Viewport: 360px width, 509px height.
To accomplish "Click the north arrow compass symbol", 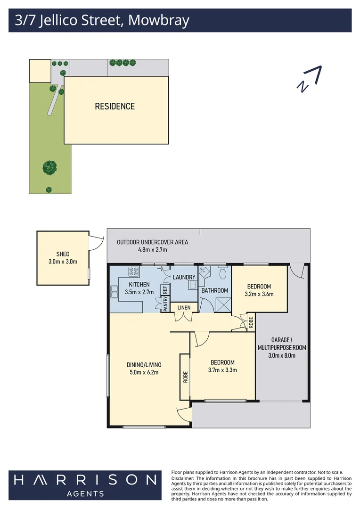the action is tap(309, 79).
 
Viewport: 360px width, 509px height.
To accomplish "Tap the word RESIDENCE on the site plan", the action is tap(115, 106).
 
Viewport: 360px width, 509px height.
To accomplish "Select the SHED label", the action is tap(63, 254).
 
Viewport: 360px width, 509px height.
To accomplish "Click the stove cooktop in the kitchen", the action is tap(134, 271).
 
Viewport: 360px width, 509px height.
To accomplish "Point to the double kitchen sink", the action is tap(114, 292).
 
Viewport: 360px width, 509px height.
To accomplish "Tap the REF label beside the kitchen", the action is tap(165, 289).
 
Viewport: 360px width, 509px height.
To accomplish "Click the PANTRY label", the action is tap(165, 304).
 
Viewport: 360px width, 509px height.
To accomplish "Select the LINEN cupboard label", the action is tap(184, 307).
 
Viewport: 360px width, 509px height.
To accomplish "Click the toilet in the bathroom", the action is tap(223, 273).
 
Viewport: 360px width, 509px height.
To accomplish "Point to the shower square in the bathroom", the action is tap(223, 305).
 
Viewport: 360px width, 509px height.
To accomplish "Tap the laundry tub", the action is tap(193, 285).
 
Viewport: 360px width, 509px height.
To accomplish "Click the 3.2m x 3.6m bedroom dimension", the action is tap(259, 294).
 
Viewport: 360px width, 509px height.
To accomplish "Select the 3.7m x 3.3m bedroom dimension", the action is tap(222, 370).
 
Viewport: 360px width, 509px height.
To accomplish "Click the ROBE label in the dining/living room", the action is tap(185, 377).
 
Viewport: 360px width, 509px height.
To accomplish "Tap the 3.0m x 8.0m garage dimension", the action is tap(282, 355).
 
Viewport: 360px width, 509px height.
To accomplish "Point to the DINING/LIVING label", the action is tap(144, 364).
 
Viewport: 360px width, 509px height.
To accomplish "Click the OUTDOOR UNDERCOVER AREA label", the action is tap(152, 242).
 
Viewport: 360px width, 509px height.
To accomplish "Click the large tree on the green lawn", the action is tap(49, 168).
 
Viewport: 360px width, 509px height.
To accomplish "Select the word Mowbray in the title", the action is tap(159, 20).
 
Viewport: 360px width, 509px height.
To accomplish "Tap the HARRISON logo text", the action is tap(85, 480).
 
